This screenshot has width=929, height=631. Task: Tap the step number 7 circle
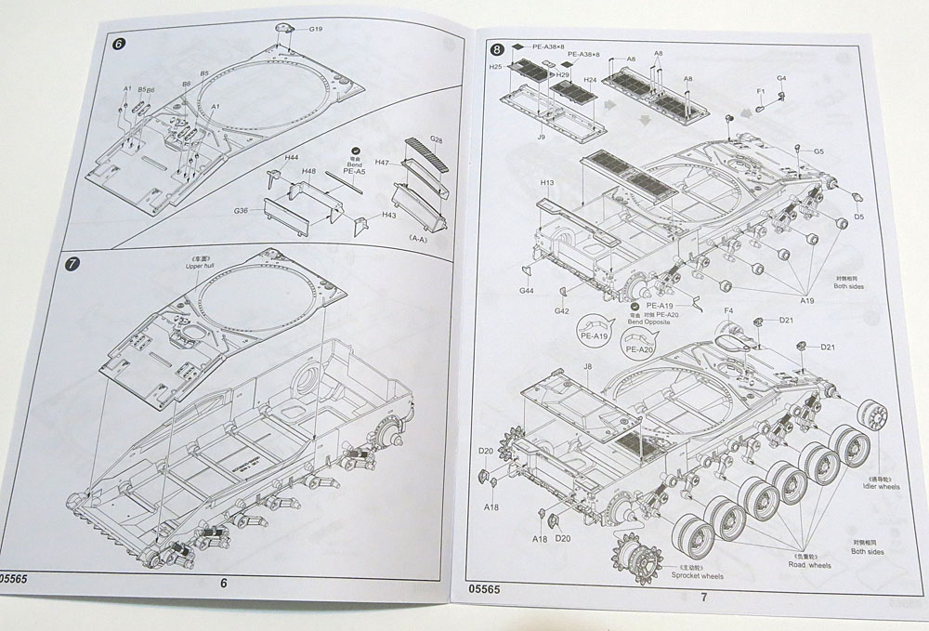pyautogui.click(x=74, y=264)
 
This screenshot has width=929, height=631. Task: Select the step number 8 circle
pyautogui.click(x=499, y=48)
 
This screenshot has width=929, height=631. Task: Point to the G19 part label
pyautogui.click(x=316, y=30)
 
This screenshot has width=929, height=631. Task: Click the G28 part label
pyautogui.click(x=436, y=139)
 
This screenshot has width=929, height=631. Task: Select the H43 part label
pyautogui.click(x=388, y=216)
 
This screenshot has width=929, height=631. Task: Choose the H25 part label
pyautogui.click(x=494, y=67)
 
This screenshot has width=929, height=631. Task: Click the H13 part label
pyautogui.click(x=547, y=183)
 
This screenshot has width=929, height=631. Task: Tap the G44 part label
pyautogui.click(x=526, y=291)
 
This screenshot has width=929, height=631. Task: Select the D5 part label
pyautogui.click(x=859, y=217)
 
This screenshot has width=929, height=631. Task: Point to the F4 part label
pyautogui.click(x=728, y=310)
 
